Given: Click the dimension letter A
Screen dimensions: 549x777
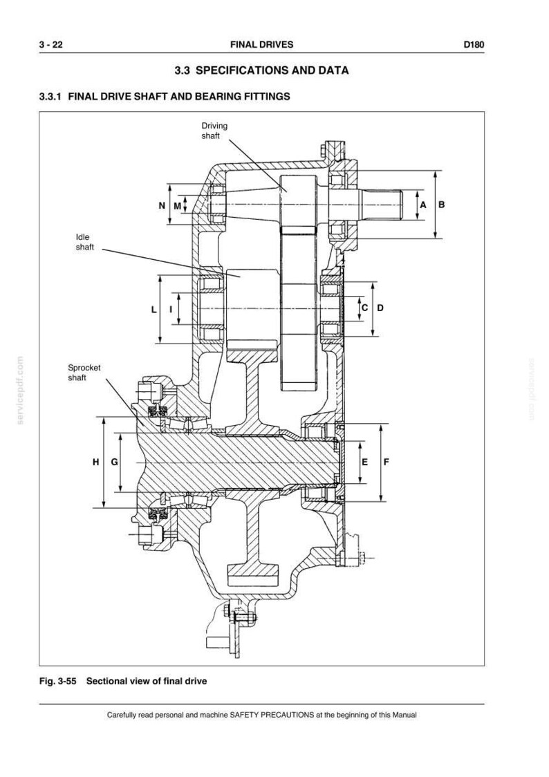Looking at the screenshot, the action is coord(422,205).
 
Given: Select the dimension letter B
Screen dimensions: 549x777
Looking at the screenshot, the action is coord(442,205).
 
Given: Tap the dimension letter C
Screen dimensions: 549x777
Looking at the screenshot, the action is coord(364,308).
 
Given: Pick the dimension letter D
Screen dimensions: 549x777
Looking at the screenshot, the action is coord(380,308).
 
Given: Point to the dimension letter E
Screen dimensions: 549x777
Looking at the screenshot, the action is coord(365,462).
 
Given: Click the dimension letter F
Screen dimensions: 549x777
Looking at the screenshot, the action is coord(387,462).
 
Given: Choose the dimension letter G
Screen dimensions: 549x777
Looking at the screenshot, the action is coord(114,462).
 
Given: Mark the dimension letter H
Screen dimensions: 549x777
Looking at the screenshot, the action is coord(95,462).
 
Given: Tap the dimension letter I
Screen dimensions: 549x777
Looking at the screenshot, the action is coord(171,310).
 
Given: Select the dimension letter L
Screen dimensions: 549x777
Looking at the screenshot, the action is coord(154,310).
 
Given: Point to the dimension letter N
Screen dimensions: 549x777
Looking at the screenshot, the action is coord(162,205).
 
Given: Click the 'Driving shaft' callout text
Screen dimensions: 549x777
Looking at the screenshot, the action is coord(214,131).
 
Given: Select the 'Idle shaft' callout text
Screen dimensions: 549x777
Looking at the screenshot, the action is coord(85,242).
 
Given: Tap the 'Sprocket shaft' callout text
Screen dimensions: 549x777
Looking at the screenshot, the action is coord(84,373).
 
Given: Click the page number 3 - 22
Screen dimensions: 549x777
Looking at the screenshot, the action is coord(51,45).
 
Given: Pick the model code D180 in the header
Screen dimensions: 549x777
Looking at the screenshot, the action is coord(474,45).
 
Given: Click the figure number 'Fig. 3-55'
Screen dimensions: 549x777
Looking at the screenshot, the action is coord(58,681).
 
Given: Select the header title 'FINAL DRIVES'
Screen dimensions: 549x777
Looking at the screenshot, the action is coord(261,45).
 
